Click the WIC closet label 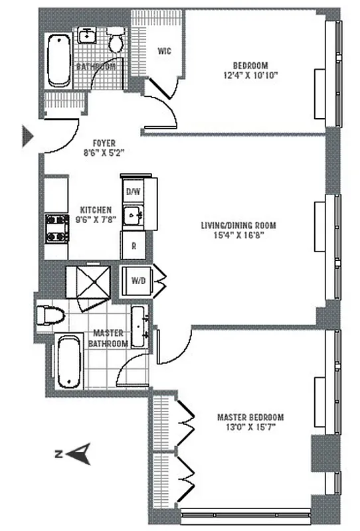click(165, 51)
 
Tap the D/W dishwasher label click(134, 192)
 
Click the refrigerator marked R click(134, 246)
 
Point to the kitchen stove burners click(57, 228)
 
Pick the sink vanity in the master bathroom click(140, 327)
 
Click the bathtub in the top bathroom click(58, 60)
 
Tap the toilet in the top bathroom click(116, 40)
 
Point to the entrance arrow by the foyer click(29, 135)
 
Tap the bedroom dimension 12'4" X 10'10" click(250, 76)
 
